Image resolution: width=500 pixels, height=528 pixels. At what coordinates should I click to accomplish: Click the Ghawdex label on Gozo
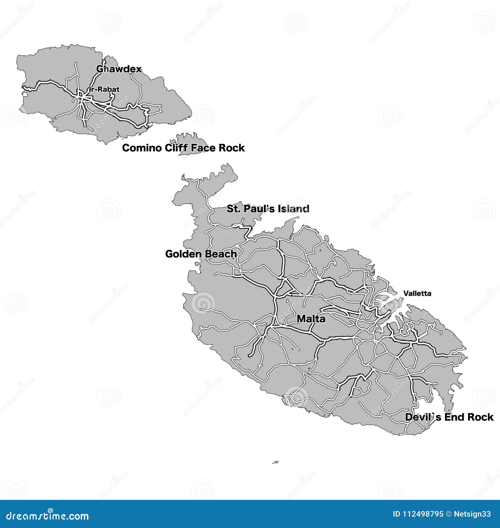pyautogui.click(x=119, y=69)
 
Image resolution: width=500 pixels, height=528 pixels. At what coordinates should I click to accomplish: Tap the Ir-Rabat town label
pyautogui.click(x=104, y=89)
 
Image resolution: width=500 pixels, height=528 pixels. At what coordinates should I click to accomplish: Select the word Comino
pyautogui.click(x=142, y=148)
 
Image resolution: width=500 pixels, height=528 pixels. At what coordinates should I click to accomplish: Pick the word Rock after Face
pyautogui.click(x=232, y=148)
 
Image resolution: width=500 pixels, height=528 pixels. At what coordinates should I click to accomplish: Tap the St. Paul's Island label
pyautogui.click(x=268, y=209)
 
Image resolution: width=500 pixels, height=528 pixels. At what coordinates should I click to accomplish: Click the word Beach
pyautogui.click(x=220, y=254)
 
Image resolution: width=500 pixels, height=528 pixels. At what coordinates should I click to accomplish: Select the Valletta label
pyautogui.click(x=417, y=293)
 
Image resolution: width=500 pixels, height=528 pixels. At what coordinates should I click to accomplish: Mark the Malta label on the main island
pyautogui.click(x=311, y=319)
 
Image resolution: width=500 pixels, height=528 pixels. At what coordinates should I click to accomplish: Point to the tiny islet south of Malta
pyautogui.click(x=276, y=462)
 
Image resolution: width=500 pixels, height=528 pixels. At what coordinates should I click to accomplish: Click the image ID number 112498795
pyautogui.click(x=422, y=514)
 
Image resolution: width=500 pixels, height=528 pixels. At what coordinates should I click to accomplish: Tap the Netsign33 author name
pyautogui.click(x=472, y=514)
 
